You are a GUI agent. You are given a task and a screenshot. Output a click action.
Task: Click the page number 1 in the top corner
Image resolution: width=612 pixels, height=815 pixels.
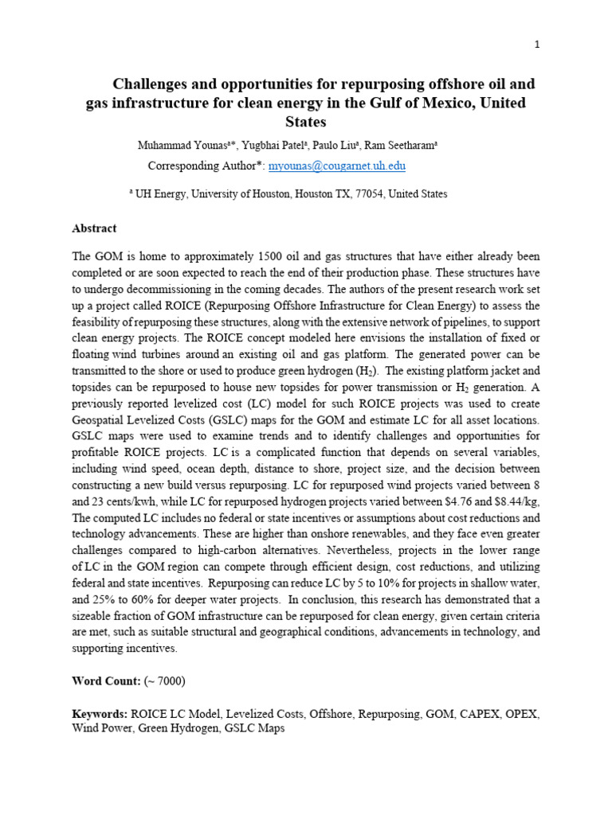tap(537, 45)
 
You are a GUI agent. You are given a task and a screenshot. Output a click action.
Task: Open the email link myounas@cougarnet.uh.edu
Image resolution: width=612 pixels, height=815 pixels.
tap(337, 166)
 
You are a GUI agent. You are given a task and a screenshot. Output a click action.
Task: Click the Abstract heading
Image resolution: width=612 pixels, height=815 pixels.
tap(94, 228)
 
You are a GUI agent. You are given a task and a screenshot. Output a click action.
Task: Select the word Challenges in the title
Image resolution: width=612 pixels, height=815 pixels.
tap(151, 84)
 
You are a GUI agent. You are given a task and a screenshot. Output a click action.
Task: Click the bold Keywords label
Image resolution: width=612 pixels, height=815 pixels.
tap(100, 715)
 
